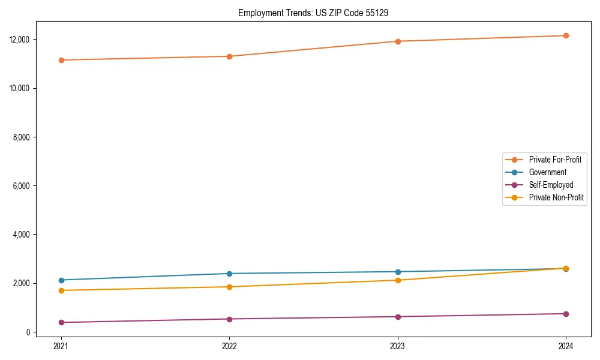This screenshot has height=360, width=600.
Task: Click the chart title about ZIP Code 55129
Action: coord(313,13)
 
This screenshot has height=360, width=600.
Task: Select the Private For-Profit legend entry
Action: coord(554,160)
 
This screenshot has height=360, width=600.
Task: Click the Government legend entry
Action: coord(547,172)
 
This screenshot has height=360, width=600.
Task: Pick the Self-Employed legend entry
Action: coord(551,185)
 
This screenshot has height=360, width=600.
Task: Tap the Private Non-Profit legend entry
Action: coord(556,197)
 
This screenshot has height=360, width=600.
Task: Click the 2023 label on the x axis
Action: coord(398,346)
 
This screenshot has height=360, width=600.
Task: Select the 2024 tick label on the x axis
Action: coord(566,346)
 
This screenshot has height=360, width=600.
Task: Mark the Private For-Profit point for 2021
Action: coord(61,60)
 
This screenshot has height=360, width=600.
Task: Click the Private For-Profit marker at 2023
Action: coord(398,41)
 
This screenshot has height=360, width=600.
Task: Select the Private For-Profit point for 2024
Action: coord(566,35)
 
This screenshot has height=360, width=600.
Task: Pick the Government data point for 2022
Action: coord(229,274)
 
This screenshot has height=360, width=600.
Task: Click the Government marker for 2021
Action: coord(61,280)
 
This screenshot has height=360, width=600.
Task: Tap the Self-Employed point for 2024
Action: coord(566,314)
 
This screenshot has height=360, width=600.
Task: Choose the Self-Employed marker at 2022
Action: coord(229,319)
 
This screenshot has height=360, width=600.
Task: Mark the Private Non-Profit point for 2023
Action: coord(398,280)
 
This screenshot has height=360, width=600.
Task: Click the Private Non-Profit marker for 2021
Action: coord(61,290)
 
